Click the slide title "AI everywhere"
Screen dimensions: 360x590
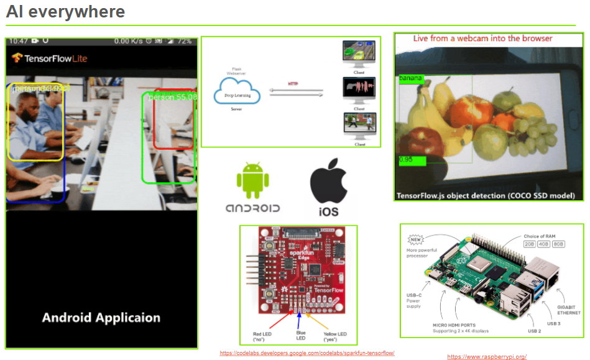click(65, 11)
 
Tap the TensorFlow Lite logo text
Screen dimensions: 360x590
click(50, 58)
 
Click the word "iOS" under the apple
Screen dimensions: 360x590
click(328, 212)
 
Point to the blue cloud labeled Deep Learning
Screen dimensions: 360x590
click(237, 92)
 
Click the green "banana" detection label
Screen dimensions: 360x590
click(411, 78)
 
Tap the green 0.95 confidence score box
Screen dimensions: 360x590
click(412, 160)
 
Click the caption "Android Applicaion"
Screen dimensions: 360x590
click(101, 318)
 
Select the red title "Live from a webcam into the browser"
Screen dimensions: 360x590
click(483, 39)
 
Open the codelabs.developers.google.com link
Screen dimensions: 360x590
click(307, 353)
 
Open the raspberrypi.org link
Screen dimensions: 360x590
click(487, 357)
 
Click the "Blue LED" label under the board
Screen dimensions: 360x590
click(301, 336)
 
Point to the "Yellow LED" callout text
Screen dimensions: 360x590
click(335, 337)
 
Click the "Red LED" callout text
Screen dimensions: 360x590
click(261, 337)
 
